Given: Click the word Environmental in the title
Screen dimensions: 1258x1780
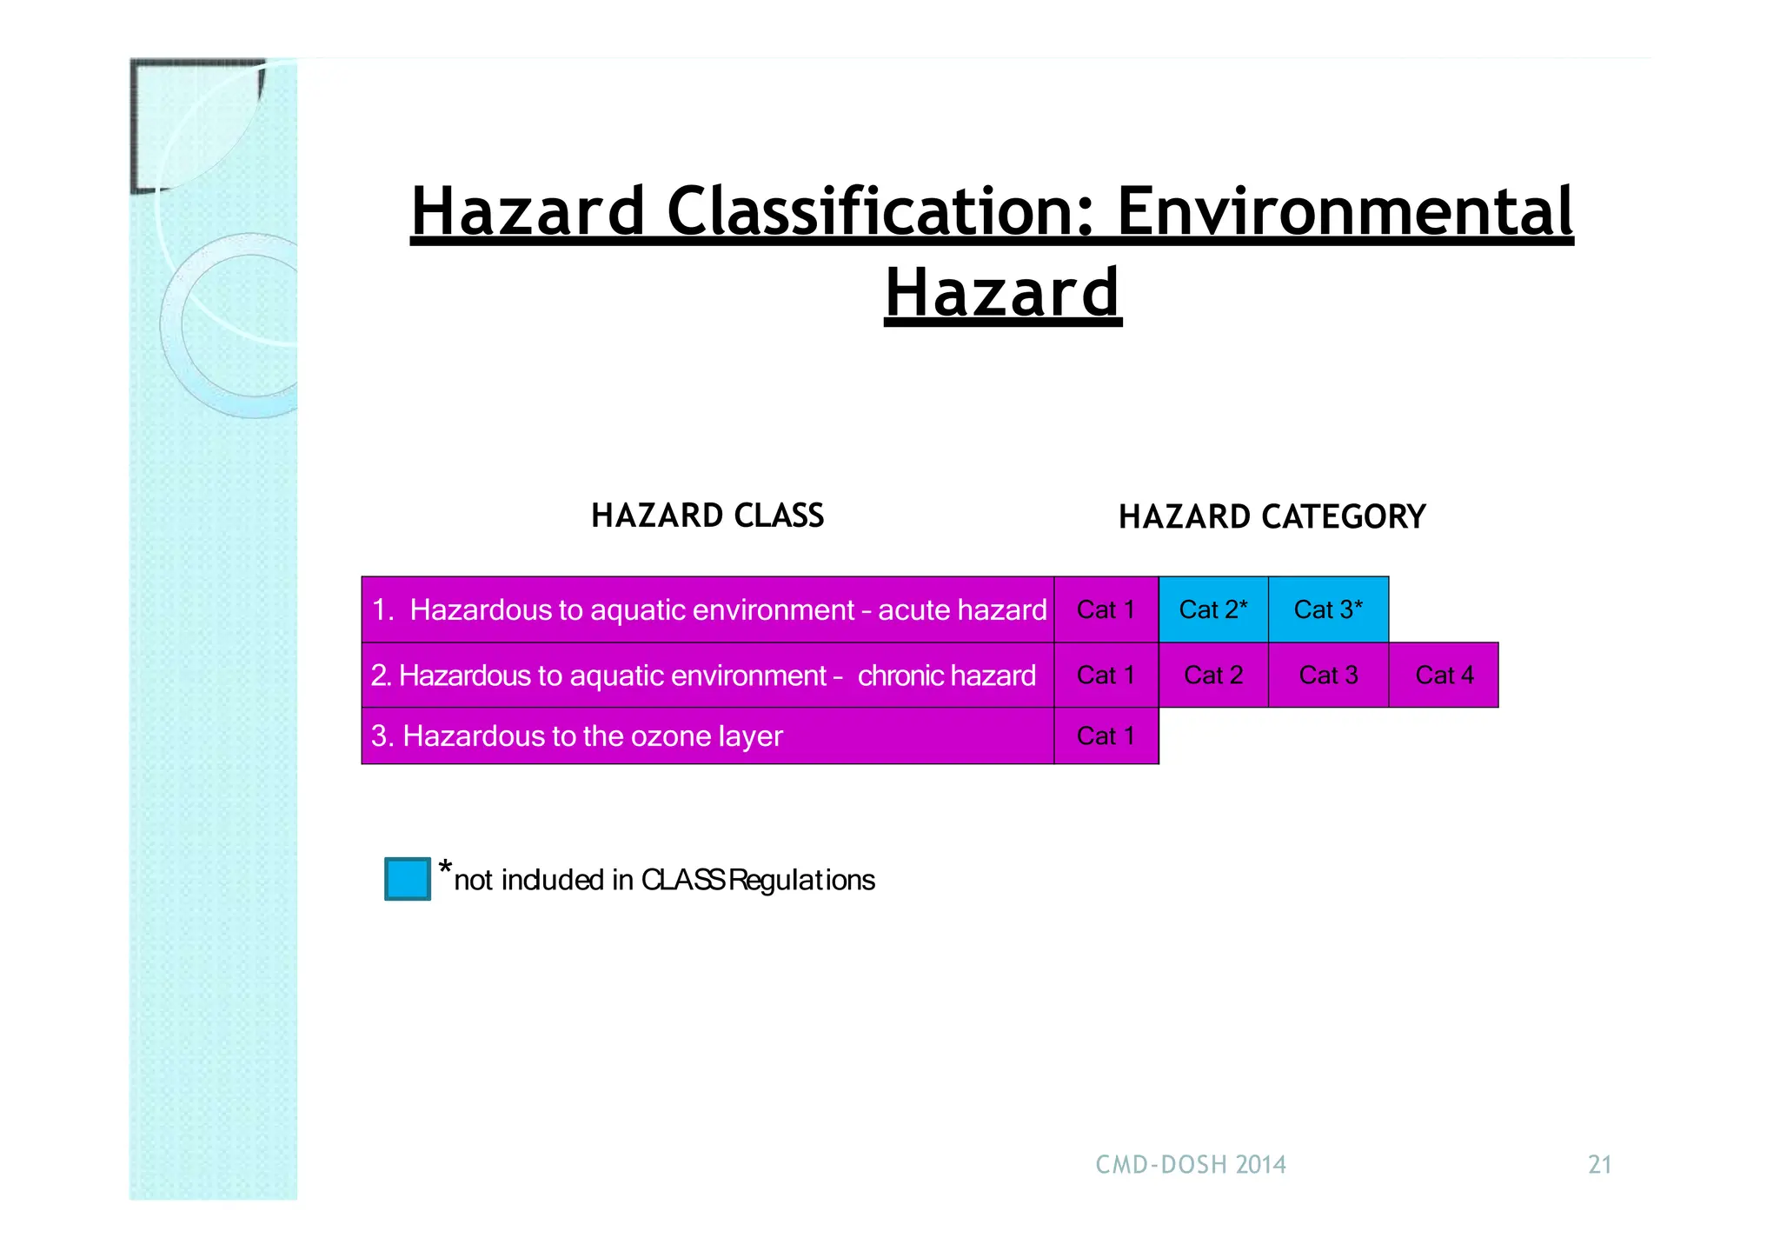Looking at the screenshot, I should (1344, 212).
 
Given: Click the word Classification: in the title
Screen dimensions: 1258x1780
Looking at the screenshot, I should (880, 212).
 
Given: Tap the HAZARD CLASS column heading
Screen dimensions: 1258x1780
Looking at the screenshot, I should (707, 516).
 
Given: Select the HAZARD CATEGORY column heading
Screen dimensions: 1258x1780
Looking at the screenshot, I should (1272, 517).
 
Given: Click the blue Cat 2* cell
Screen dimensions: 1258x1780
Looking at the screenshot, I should (1212, 609).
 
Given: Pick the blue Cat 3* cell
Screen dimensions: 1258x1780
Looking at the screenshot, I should (1327, 609).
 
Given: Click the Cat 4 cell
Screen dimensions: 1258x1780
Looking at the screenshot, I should (1444, 676).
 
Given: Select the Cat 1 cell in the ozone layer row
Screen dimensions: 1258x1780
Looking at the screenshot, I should (1106, 736).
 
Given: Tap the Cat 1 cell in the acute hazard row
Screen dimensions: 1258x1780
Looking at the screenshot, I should (1106, 609).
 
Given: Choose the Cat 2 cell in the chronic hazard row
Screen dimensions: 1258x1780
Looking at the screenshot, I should (1212, 676).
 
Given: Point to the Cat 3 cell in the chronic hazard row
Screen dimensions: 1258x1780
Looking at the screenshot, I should (1327, 676).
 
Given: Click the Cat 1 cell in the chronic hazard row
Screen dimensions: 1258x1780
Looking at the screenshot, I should (1106, 676).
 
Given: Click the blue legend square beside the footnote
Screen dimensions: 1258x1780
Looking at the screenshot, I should (407, 878).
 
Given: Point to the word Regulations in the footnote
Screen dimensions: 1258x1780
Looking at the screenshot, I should (801, 880).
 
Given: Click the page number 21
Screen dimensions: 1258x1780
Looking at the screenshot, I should (1599, 1164).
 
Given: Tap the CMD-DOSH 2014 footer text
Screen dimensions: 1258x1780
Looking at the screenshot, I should (1190, 1164).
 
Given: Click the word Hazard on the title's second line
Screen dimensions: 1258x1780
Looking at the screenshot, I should (1002, 293).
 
